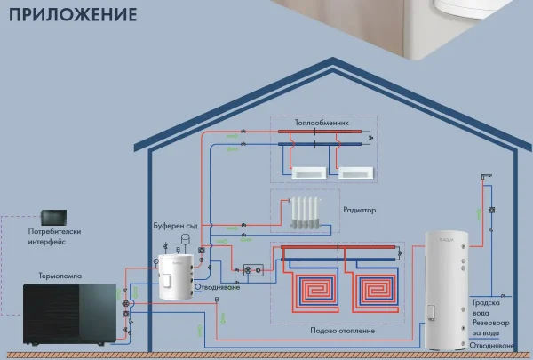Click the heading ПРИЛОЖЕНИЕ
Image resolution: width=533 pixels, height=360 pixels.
click(68, 16)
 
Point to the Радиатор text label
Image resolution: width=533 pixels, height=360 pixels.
click(360, 211)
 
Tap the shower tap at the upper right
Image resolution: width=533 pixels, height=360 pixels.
click(484, 178)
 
